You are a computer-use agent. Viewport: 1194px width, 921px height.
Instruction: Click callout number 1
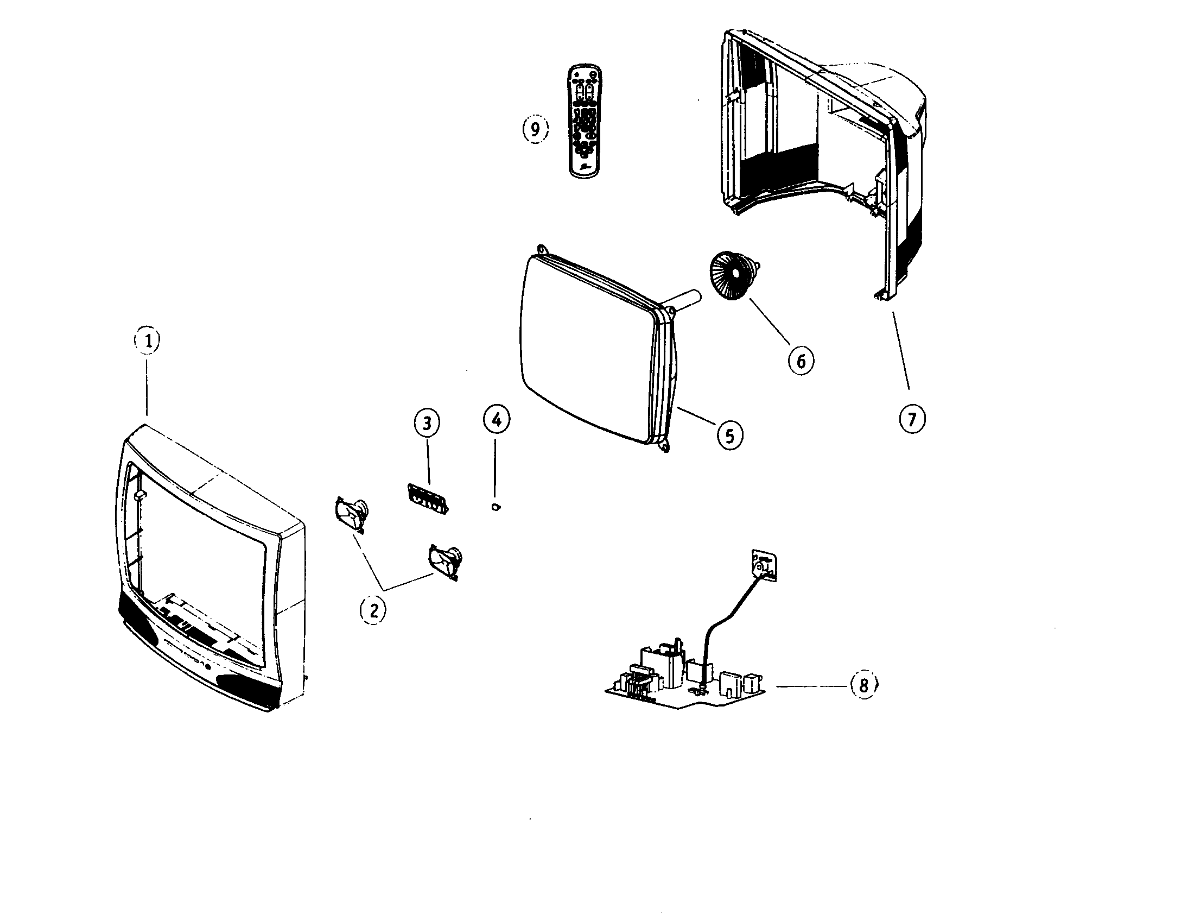[147, 340]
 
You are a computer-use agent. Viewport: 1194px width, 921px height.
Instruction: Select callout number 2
[373, 609]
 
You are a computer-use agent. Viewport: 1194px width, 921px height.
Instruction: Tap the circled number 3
[427, 422]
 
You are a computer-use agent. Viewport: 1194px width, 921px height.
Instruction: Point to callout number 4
[496, 419]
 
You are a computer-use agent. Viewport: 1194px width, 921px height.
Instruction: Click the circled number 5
[729, 436]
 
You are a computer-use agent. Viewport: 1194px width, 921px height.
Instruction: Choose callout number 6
[801, 361]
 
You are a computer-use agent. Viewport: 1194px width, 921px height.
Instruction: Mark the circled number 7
[912, 419]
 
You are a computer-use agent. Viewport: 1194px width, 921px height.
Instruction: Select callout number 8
[863, 685]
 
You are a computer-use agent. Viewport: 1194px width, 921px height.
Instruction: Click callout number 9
[535, 129]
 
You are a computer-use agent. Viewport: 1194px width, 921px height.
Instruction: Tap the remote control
[585, 122]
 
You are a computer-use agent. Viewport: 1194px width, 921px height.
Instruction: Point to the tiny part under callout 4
[496, 507]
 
